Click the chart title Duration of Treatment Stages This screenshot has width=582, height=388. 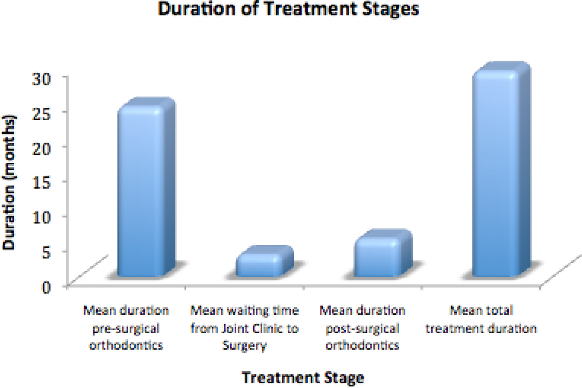(x=288, y=9)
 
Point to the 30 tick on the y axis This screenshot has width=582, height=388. (x=41, y=79)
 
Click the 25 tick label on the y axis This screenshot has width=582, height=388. (x=41, y=114)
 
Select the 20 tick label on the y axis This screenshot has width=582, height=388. (x=41, y=149)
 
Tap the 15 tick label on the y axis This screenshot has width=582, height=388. (x=41, y=184)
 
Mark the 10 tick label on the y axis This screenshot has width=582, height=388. (x=41, y=219)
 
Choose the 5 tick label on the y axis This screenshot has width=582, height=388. (x=46, y=253)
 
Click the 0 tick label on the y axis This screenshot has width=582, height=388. (x=46, y=288)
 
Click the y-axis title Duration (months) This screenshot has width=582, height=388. (x=9, y=182)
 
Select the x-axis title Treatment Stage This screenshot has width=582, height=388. (x=303, y=378)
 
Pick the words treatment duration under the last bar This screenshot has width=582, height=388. (x=481, y=329)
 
